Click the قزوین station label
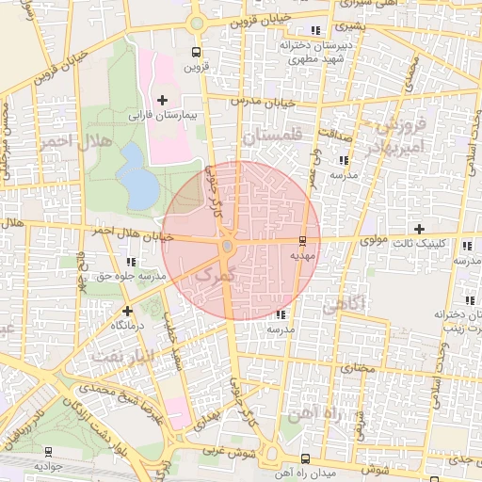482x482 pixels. point(193,66)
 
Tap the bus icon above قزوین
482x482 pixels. point(195,53)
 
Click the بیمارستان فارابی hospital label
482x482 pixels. point(160,113)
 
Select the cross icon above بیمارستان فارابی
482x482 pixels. point(162,99)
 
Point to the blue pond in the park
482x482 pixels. point(139,178)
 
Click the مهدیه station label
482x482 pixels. point(301,254)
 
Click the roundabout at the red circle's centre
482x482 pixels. point(228,247)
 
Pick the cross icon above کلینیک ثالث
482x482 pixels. point(420,229)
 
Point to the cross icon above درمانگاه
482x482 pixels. point(127,310)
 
